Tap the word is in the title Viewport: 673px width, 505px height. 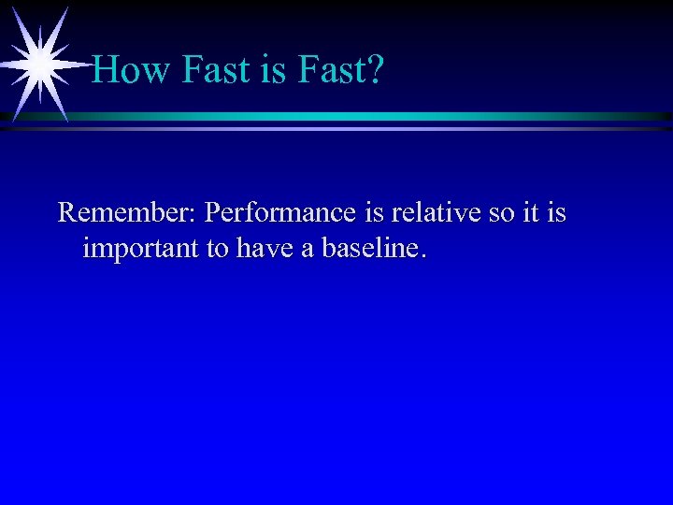(x=273, y=69)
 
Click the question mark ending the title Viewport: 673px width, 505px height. (x=374, y=69)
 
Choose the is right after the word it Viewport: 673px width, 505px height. (x=556, y=213)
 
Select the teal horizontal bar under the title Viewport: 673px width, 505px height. (x=374, y=117)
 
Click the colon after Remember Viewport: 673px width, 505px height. (x=193, y=215)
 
